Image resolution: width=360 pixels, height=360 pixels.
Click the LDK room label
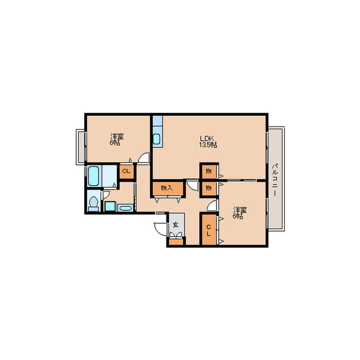click(x=207, y=139)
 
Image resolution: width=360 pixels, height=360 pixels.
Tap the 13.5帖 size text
click(x=208, y=145)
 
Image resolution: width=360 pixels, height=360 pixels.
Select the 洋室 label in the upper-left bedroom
click(x=117, y=136)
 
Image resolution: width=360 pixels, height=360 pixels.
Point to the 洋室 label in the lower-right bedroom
click(x=240, y=210)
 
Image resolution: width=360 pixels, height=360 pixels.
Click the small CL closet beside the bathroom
click(x=127, y=171)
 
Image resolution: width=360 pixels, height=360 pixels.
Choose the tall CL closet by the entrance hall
click(x=209, y=230)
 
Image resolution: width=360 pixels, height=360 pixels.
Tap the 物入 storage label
click(x=167, y=188)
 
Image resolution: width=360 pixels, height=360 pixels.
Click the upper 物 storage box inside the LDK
click(x=209, y=171)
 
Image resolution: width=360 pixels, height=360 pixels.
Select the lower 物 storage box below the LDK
click(x=209, y=188)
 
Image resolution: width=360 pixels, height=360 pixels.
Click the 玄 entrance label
click(x=175, y=225)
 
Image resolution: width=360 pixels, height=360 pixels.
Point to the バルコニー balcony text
click(x=275, y=179)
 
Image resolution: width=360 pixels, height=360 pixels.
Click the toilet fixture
click(x=93, y=204)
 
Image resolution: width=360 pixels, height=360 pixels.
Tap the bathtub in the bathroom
click(x=94, y=175)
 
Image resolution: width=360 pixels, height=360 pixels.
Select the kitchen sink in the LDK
click(x=157, y=139)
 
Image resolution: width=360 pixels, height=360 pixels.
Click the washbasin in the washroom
click(x=125, y=208)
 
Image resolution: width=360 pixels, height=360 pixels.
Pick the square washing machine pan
click(x=110, y=206)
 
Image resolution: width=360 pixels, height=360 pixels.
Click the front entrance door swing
click(x=161, y=229)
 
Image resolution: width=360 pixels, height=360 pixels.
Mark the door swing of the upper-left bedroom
click(x=143, y=158)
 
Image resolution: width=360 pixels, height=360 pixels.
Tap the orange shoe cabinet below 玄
click(x=176, y=242)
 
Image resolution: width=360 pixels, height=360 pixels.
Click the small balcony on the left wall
click(x=81, y=147)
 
